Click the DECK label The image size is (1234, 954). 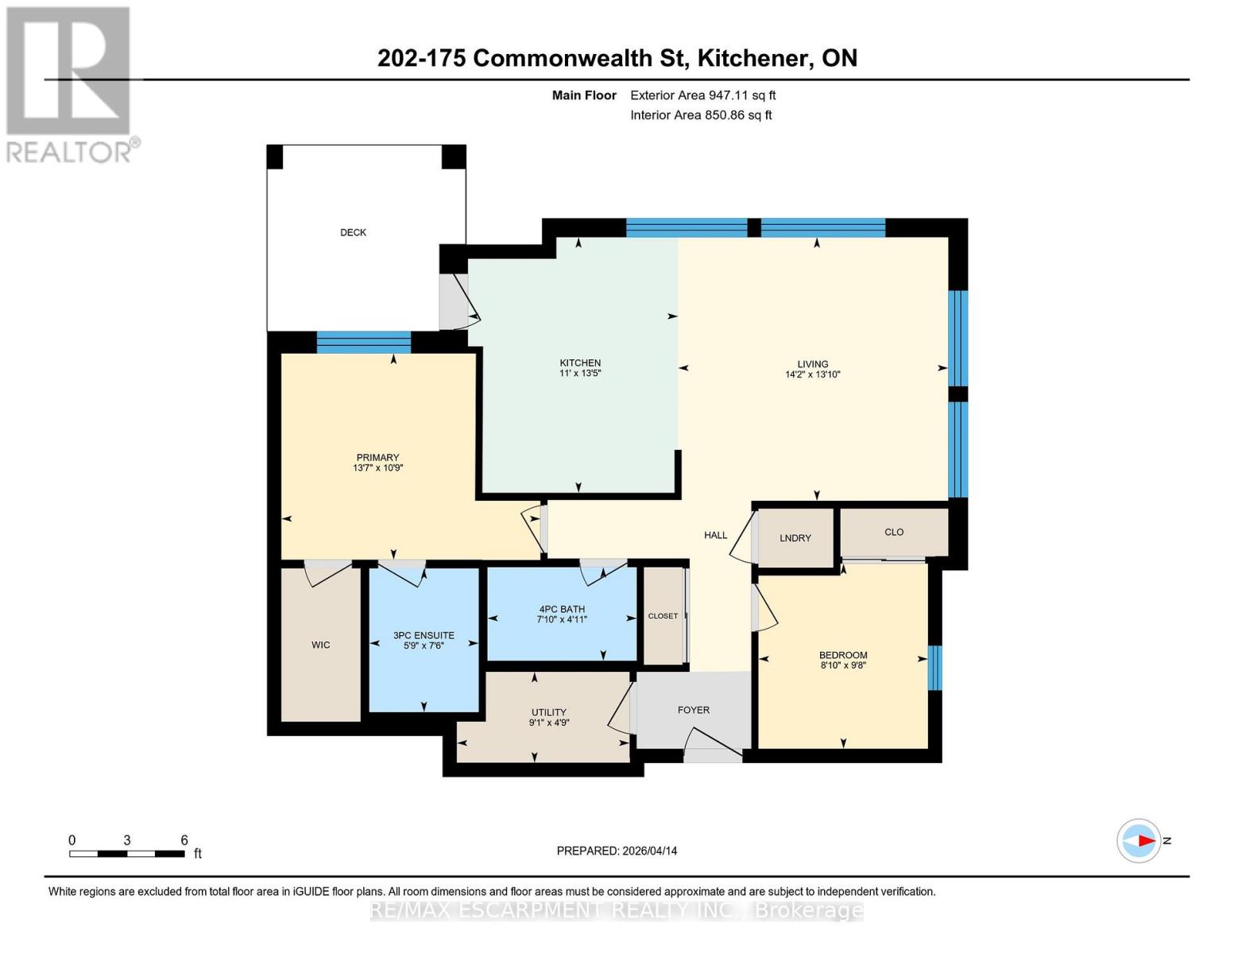[x=353, y=232]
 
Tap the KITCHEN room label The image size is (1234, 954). [x=580, y=363]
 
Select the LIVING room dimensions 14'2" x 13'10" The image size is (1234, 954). [x=812, y=374]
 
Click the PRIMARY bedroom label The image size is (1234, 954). [x=377, y=457]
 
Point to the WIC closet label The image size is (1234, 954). [x=320, y=645]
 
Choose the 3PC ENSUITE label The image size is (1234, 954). [x=424, y=635]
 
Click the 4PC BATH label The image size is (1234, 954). [x=562, y=609]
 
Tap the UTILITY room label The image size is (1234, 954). [x=548, y=712]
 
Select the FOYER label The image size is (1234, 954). [x=693, y=710]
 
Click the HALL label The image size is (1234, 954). [x=715, y=535]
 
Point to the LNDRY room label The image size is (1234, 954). [x=795, y=538]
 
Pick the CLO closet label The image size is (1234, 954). [x=894, y=532]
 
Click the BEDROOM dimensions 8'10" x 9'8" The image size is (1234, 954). [x=843, y=665]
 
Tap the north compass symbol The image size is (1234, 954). [x=1139, y=840]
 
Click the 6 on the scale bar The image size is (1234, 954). [x=184, y=840]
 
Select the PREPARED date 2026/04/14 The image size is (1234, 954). [x=617, y=851]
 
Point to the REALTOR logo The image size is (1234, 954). [x=70, y=83]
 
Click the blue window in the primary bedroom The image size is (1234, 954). [x=363, y=342]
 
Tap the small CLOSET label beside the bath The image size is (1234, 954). [x=663, y=616]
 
